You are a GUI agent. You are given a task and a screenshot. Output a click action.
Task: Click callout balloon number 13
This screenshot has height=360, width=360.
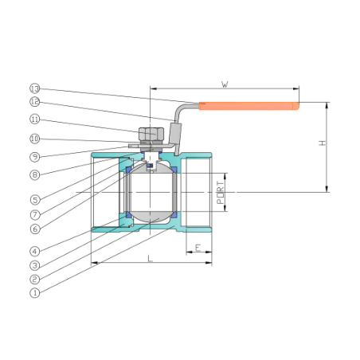(35, 88)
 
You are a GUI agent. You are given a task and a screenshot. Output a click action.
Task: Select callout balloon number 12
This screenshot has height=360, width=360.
(35, 102)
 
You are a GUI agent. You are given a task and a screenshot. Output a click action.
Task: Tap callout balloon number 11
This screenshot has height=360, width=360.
(35, 119)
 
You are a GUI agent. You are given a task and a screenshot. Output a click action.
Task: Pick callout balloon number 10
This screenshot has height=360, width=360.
(35, 139)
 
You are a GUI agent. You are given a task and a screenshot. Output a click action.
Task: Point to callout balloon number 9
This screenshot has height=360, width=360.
(35, 157)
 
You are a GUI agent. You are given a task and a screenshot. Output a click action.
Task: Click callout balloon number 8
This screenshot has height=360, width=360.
(35, 175)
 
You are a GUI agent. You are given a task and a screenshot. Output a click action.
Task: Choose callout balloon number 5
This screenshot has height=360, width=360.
(35, 200)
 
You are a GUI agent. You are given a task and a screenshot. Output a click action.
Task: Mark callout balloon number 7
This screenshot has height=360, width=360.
(35, 214)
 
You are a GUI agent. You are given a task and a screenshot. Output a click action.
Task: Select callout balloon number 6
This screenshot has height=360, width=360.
(35, 229)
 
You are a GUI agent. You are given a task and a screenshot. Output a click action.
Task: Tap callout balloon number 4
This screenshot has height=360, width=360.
(35, 251)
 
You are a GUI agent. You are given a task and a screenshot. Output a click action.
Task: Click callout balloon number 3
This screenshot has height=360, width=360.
(35, 265)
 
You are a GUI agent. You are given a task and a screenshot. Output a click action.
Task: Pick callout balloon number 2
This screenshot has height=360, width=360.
(35, 279)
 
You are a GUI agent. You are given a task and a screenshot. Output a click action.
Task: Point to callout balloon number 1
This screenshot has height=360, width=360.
(35, 293)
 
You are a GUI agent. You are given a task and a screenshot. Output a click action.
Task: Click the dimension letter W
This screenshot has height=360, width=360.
(225, 84)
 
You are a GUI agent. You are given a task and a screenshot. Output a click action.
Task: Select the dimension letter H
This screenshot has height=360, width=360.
(322, 143)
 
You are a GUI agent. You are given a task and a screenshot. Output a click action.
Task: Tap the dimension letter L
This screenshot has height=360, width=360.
(151, 258)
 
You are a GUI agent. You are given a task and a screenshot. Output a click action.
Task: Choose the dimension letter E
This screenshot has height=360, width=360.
(198, 248)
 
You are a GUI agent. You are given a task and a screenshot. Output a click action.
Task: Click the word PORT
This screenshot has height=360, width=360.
(221, 193)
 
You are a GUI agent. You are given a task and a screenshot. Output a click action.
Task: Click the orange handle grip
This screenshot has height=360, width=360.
(249, 106)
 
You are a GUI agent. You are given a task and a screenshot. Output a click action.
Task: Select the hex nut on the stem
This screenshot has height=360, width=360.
(151, 134)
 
